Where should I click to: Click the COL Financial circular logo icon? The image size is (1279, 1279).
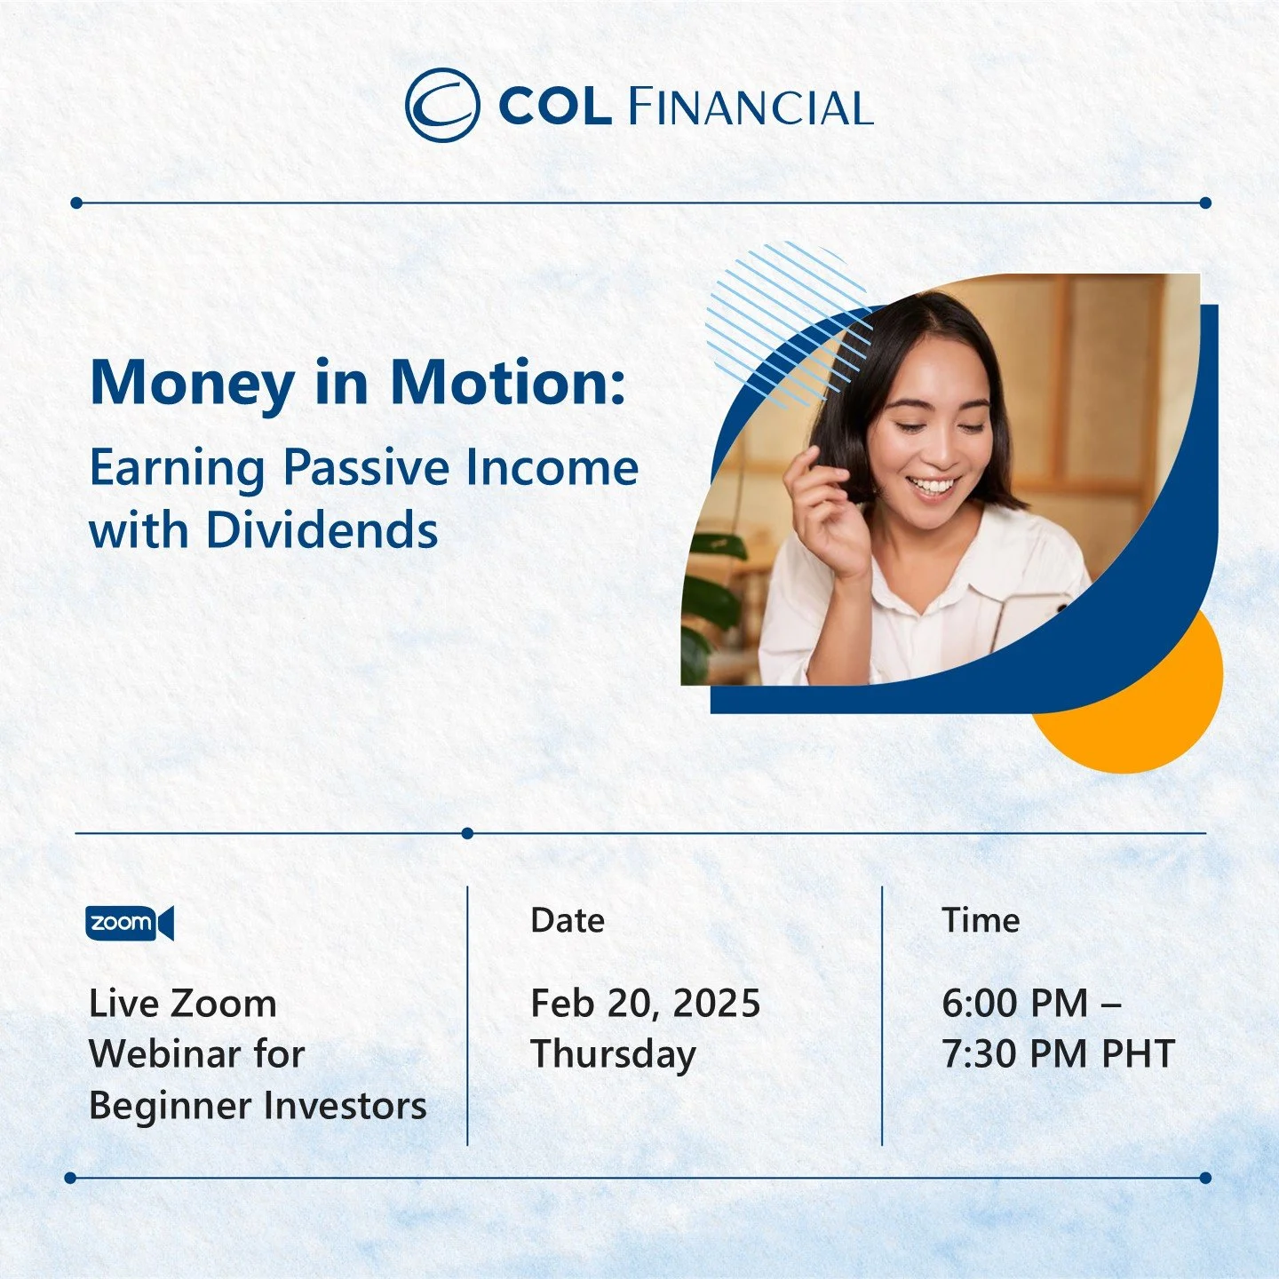click(x=441, y=106)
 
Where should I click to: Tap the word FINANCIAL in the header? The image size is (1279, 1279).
click(x=751, y=107)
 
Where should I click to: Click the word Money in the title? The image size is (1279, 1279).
click(x=192, y=383)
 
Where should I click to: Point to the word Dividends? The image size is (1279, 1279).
click(x=322, y=530)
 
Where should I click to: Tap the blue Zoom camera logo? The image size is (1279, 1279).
click(x=130, y=923)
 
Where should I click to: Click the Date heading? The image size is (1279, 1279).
click(x=567, y=920)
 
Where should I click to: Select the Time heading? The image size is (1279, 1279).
click(x=980, y=920)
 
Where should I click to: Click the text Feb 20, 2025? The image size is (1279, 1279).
click(x=645, y=1004)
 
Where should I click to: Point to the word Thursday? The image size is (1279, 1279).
click(x=613, y=1055)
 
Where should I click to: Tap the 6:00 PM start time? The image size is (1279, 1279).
click(x=1015, y=1004)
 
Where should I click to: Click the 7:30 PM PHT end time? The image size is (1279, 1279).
click(x=1058, y=1054)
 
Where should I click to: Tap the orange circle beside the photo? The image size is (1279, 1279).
click(x=1155, y=719)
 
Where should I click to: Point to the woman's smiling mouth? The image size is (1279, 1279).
click(x=933, y=486)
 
